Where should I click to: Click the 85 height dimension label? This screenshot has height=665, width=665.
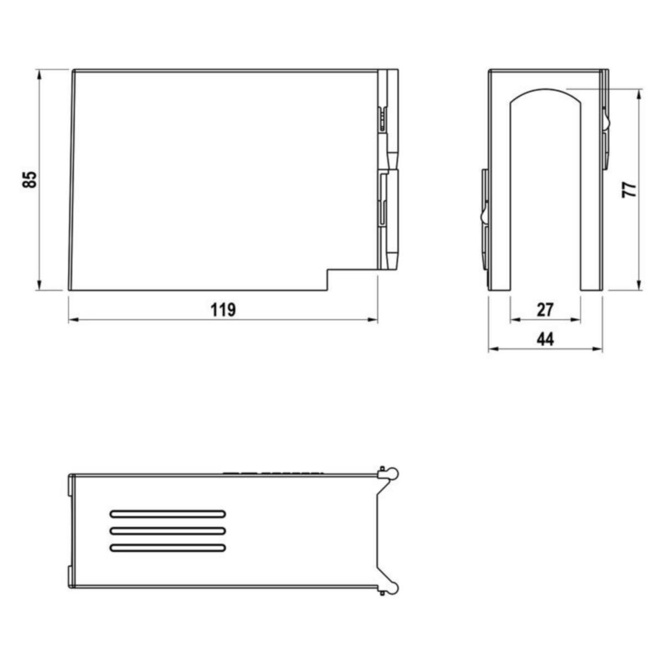(29, 180)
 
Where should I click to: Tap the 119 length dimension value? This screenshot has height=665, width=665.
(224, 310)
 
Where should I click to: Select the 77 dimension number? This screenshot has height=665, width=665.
(629, 190)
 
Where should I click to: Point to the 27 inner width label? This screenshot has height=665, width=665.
(545, 310)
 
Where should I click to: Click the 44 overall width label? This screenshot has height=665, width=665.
(545, 339)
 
